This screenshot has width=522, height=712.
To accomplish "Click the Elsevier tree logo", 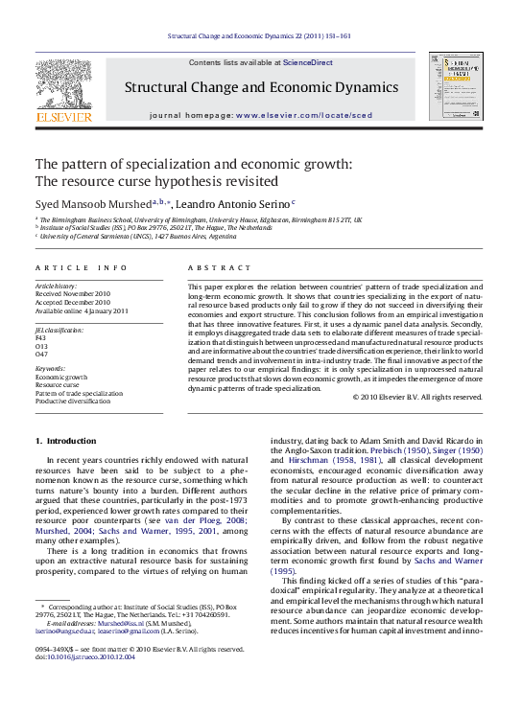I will [63, 88].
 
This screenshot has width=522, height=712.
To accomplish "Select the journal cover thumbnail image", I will [455, 88].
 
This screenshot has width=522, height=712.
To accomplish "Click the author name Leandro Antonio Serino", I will [237, 203].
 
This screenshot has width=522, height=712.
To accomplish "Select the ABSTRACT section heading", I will [219, 267].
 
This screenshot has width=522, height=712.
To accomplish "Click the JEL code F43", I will [40, 337].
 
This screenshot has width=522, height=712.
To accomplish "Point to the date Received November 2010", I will [73, 294].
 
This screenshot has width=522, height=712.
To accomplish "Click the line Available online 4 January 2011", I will [82, 310].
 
